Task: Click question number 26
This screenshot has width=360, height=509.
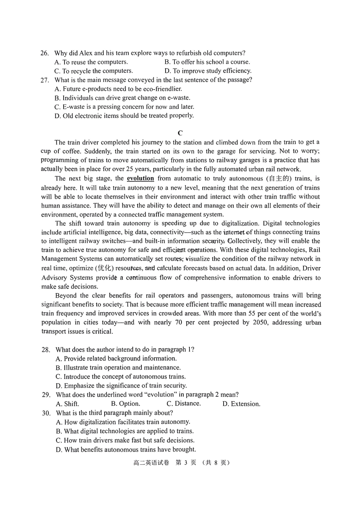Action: [44, 53]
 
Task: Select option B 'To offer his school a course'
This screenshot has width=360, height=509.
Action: [207, 62]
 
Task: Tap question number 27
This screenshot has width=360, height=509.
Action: [44, 80]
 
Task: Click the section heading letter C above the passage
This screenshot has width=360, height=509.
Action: [180, 133]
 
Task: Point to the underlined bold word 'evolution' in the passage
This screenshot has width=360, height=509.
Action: [140, 179]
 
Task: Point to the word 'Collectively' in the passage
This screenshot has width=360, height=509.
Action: [245, 241]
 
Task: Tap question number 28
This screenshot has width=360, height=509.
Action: [45, 349]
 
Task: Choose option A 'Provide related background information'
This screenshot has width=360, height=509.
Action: [116, 359]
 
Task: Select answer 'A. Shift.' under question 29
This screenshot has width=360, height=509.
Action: [67, 404]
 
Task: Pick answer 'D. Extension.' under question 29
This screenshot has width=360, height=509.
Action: [241, 404]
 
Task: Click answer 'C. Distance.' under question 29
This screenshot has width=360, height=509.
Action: [184, 404]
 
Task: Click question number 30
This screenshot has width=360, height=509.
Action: [46, 413]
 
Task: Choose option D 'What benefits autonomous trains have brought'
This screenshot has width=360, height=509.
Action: [126, 450]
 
